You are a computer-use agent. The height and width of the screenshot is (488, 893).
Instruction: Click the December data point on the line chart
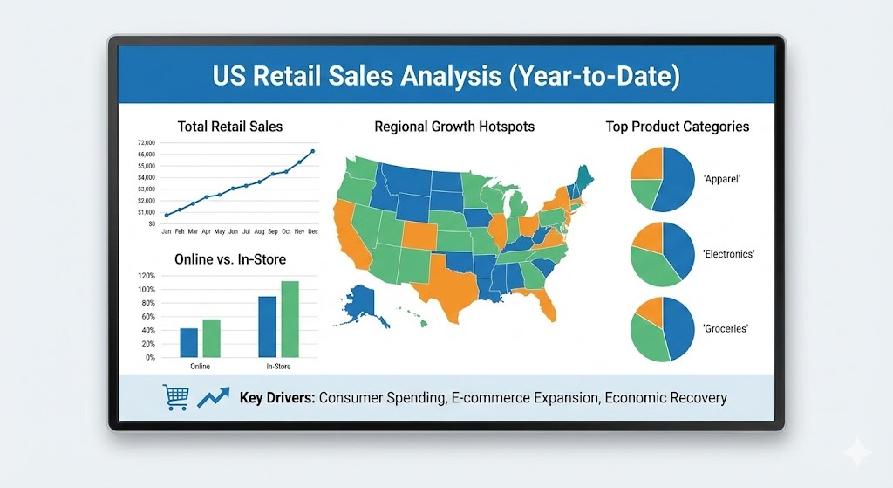tap(312, 151)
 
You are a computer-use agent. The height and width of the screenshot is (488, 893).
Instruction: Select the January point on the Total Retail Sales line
tap(166, 215)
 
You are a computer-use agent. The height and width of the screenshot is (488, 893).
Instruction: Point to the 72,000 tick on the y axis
tap(146, 142)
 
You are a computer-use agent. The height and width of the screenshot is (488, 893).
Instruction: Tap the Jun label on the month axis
tap(233, 231)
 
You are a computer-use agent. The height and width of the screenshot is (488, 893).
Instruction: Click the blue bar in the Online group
tap(189, 342)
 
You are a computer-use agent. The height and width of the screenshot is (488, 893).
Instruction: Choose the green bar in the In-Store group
tap(290, 319)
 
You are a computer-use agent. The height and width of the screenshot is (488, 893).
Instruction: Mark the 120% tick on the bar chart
tap(146, 276)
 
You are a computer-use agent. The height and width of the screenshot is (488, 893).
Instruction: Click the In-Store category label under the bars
tap(278, 366)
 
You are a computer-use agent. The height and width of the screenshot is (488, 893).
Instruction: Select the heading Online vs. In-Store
tap(230, 259)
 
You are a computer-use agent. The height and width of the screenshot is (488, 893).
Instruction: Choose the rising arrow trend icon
tap(213, 397)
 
